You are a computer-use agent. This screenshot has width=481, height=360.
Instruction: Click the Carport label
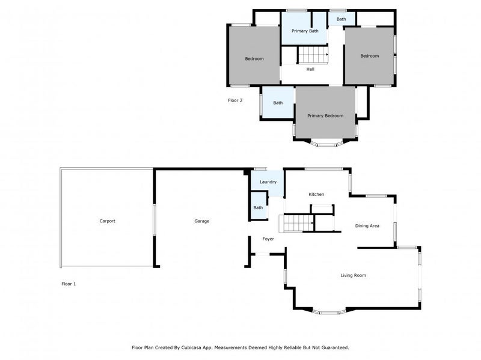point(107,221)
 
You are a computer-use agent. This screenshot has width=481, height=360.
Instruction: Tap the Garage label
point(201,221)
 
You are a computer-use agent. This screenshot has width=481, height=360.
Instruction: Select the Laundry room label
point(268,182)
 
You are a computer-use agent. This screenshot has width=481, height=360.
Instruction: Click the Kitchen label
point(316,194)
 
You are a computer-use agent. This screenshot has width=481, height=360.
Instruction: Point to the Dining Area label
point(367,226)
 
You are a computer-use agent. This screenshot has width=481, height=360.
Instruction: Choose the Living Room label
point(353,275)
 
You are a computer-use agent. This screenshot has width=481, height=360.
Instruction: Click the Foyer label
point(268,239)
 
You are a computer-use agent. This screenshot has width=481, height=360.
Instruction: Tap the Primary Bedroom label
point(325,115)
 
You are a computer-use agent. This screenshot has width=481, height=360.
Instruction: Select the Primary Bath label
point(305,31)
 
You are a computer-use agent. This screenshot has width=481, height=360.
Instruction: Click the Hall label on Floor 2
point(310,69)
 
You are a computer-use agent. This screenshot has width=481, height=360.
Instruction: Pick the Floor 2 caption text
point(235,100)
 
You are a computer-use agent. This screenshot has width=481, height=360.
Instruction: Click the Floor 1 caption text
point(69,284)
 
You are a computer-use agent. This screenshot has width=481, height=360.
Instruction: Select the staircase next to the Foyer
point(296,224)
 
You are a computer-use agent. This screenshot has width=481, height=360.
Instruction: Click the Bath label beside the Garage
point(258,208)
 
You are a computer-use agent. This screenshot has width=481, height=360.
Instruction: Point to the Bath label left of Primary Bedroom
point(278,103)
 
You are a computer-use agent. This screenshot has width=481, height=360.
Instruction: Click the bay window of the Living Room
point(328,312)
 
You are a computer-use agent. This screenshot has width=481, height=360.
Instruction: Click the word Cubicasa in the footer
point(202,347)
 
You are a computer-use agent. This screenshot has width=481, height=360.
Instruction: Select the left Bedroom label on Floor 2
point(254,59)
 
